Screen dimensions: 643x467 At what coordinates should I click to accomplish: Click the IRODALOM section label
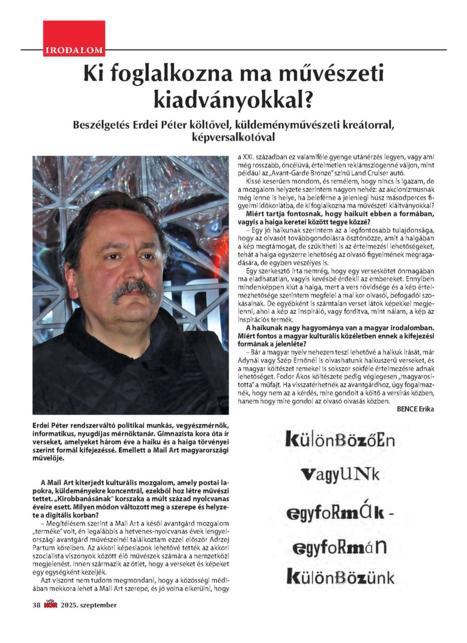[x=74, y=51]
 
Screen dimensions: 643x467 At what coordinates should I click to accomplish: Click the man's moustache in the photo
[x=135, y=289]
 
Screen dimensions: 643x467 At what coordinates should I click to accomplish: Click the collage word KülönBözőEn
[x=340, y=439]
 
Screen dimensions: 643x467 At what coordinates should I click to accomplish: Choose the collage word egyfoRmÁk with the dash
[x=340, y=512]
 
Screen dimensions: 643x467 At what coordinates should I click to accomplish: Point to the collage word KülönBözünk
[x=340, y=578]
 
